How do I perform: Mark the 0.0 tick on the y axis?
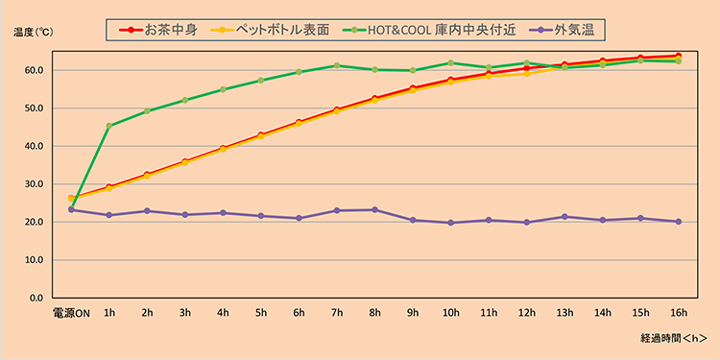coord(35,298)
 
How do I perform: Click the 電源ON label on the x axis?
coord(71,311)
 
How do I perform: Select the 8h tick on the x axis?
coord(374,311)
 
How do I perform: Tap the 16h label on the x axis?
coord(678,311)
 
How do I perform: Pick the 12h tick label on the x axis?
coord(526,311)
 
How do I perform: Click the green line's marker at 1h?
coord(109,126)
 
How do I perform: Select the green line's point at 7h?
coord(337,65)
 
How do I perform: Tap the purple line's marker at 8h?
coord(374,209)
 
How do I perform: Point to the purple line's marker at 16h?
coord(678,221)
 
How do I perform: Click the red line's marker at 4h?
coord(223,148)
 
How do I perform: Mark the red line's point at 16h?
coord(678,56)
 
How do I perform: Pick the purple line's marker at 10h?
coord(450,223)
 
